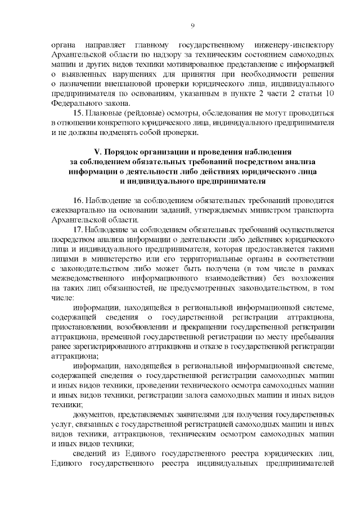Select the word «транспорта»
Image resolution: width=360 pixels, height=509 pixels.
(x=315, y=210)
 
